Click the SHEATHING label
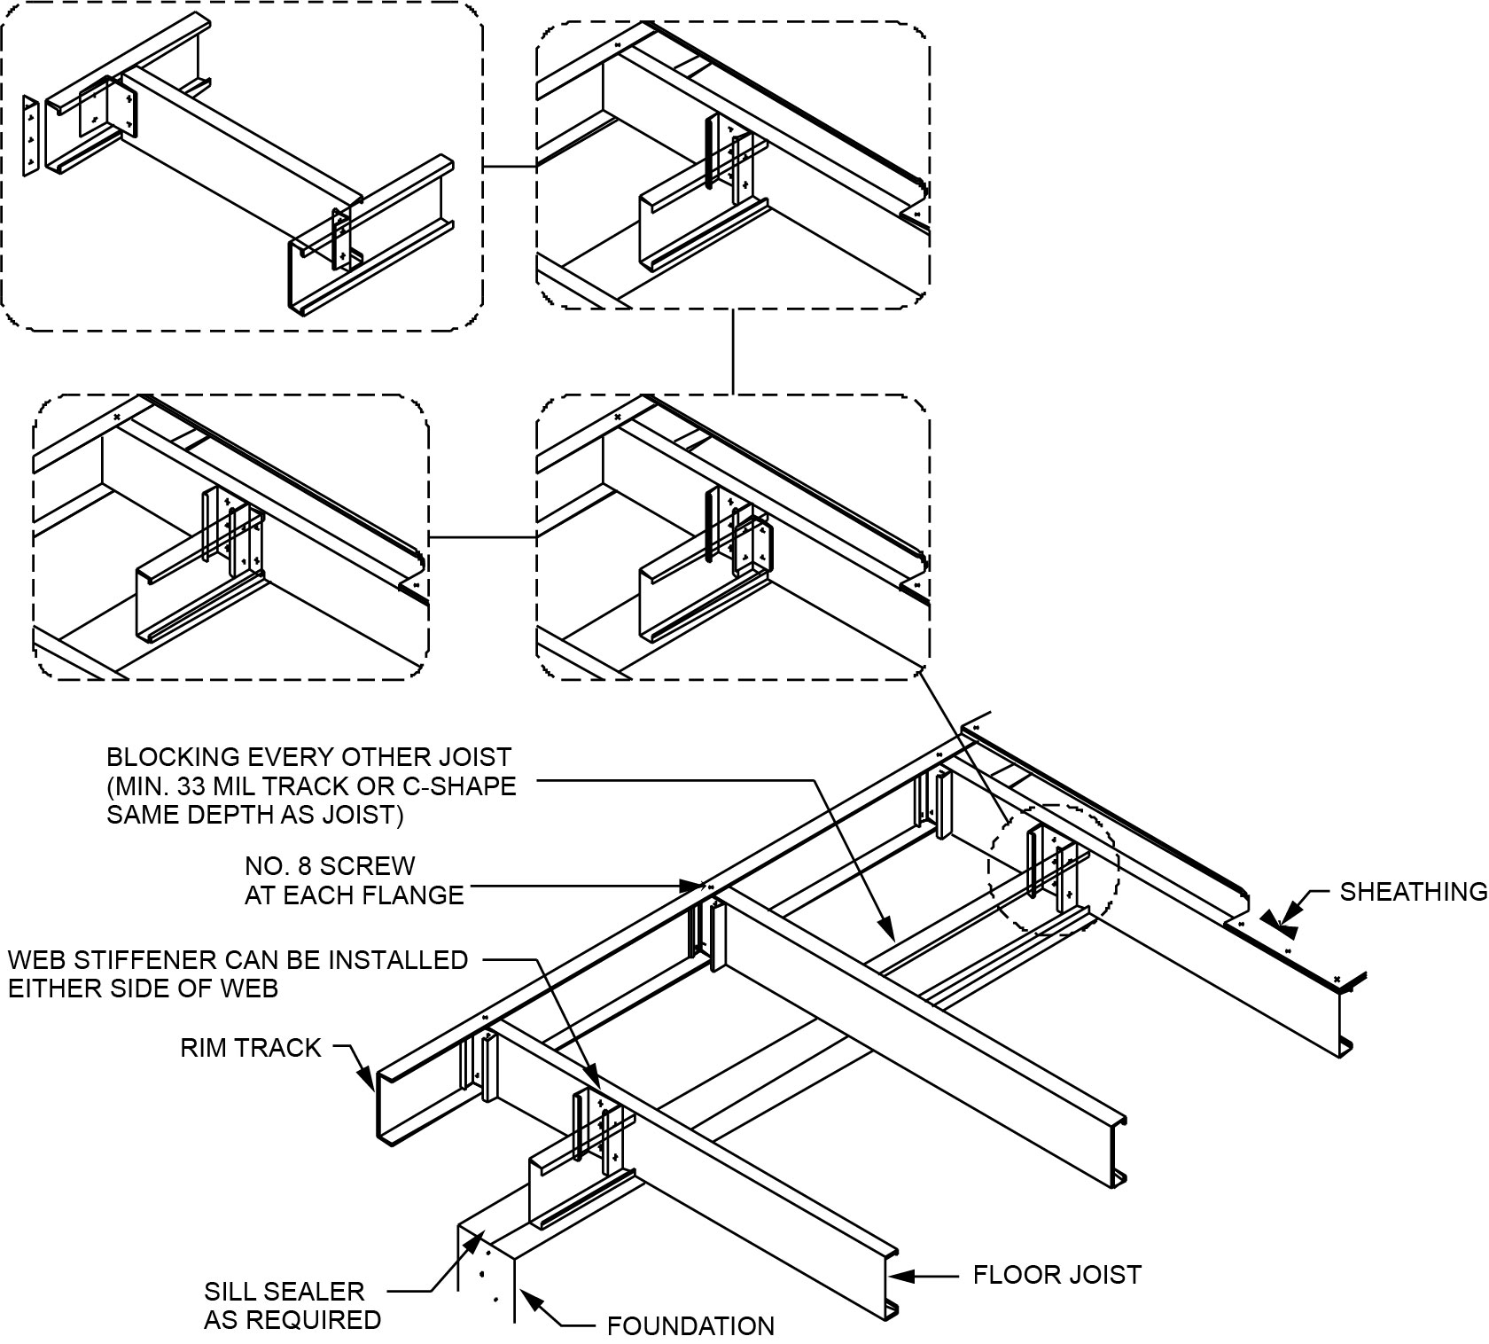pos(1413,891)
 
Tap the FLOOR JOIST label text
pos(1056,1275)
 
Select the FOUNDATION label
pos(690,1326)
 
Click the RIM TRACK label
pos(250,1048)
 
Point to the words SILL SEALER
pos(284,1292)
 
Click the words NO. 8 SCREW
pos(329,865)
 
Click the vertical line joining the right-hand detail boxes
pos(733,351)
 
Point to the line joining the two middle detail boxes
pos(482,538)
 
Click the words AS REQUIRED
pos(292,1320)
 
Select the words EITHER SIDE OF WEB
pos(143,988)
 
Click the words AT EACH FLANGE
pos(354,895)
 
